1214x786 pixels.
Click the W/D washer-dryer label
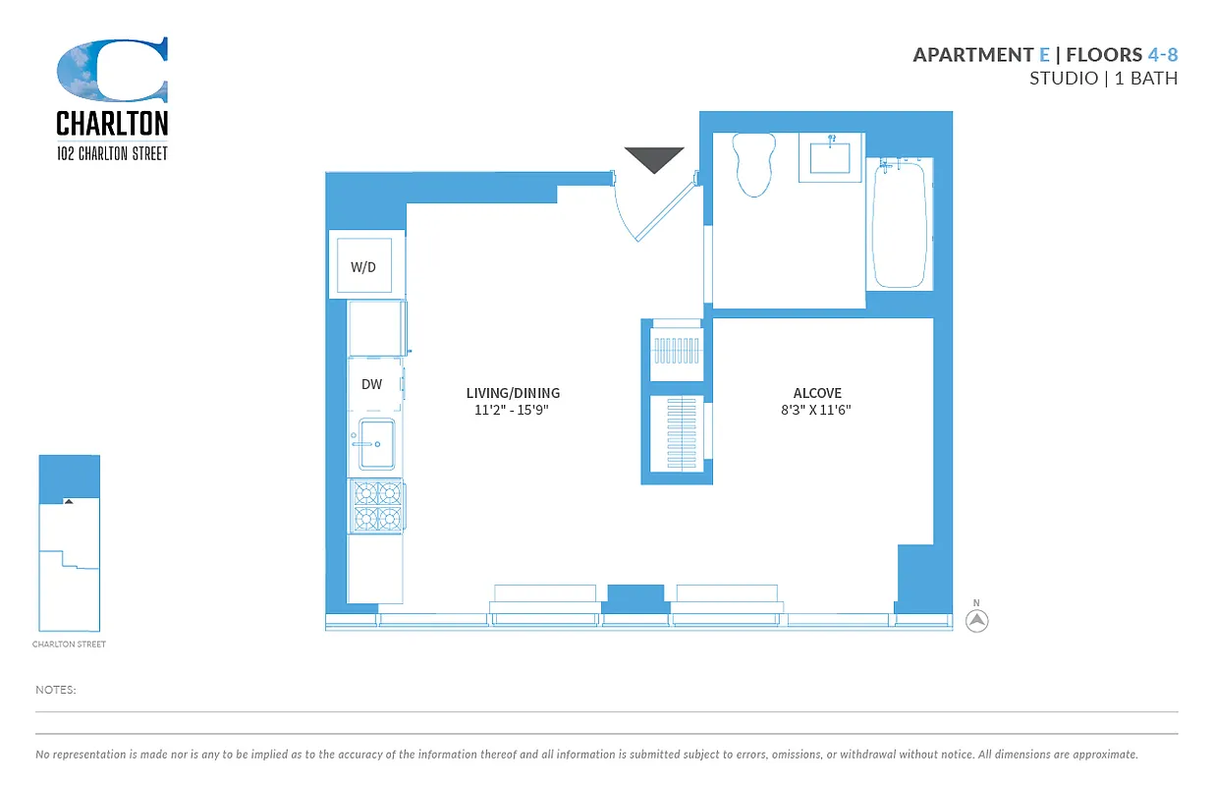[363, 267]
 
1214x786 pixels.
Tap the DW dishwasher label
[371, 384]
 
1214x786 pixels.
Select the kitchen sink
[376, 444]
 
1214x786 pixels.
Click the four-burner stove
[377, 505]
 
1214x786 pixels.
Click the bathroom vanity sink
[830, 156]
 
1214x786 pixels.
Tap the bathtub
[900, 224]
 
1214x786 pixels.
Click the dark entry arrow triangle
[654, 158]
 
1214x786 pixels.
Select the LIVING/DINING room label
[513, 393]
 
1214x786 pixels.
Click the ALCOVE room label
[817, 393]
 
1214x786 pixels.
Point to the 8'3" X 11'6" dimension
[808, 410]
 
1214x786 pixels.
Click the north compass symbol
[976, 620]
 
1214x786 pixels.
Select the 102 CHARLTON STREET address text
[112, 153]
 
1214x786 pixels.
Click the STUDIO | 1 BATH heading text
[1103, 79]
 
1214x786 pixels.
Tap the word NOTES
[56, 690]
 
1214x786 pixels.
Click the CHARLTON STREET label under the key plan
[69, 645]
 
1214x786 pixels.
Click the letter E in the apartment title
[1044, 54]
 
